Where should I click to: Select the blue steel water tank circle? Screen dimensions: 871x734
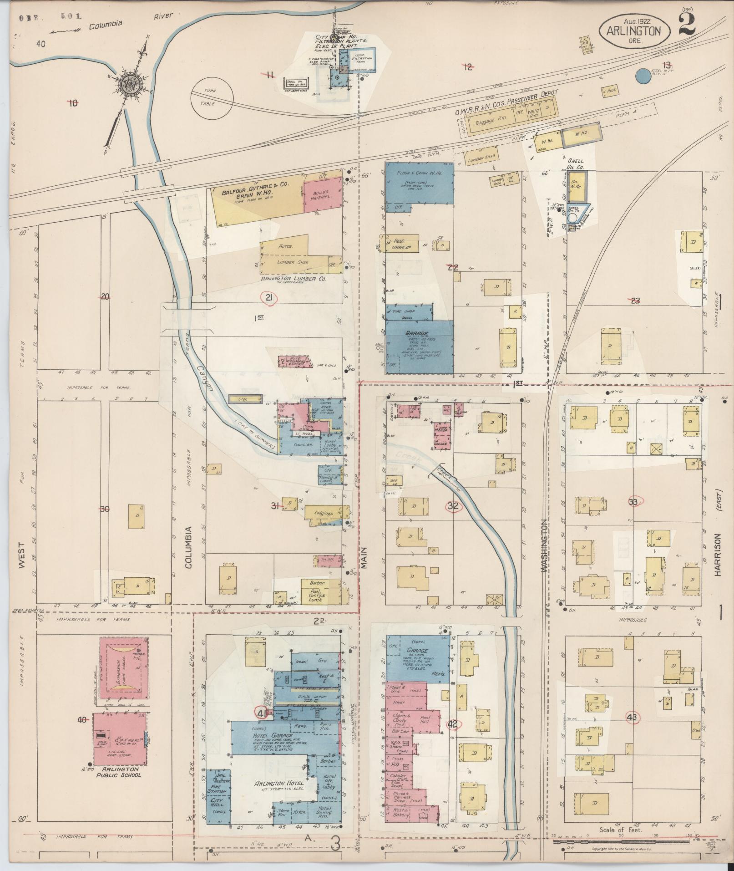(x=642, y=76)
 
